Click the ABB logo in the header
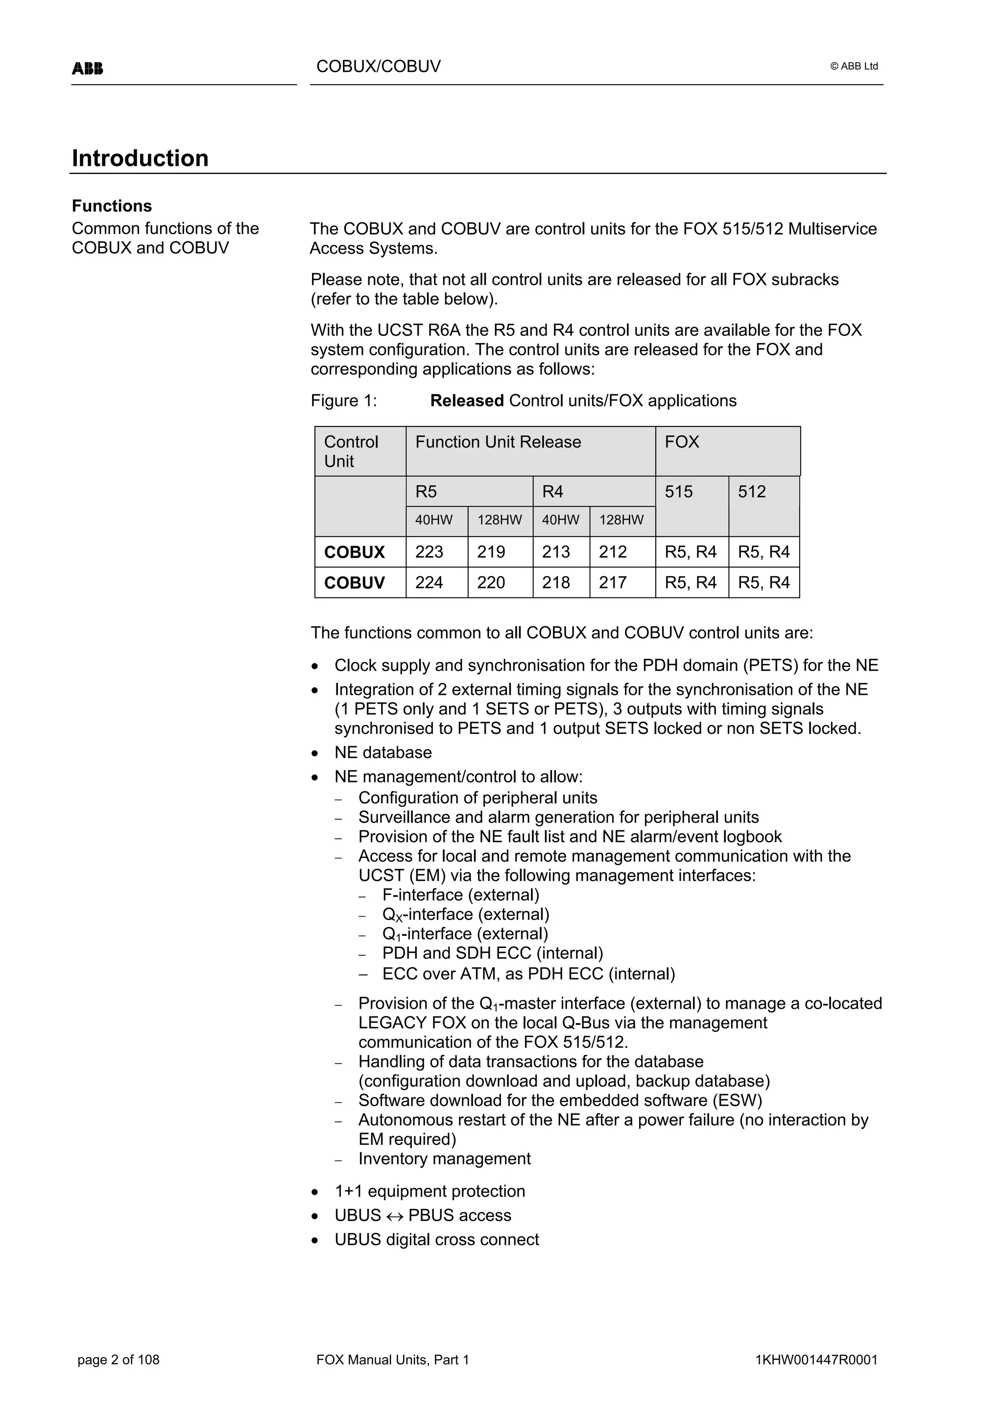pos(87,68)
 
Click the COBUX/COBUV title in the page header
pos(378,67)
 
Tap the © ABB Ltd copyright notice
pos(854,66)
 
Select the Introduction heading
pos(140,158)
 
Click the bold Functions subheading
pos(112,206)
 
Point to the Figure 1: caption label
pos(344,401)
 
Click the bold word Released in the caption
pos(467,401)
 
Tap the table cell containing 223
pos(430,552)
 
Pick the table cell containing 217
pos(613,582)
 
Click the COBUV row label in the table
pos(354,582)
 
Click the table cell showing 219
pos(491,552)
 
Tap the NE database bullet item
pos(382,752)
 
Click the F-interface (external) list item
pos(460,895)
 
